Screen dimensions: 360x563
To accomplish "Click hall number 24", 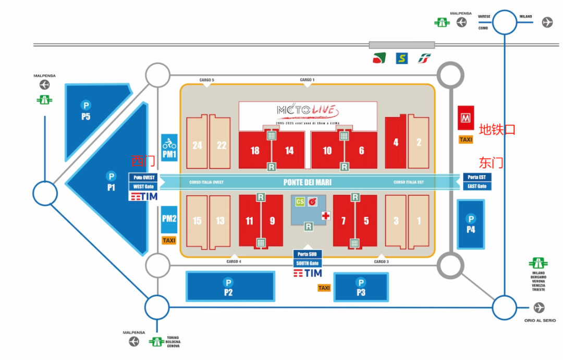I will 197,145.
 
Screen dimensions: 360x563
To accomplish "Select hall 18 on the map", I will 255,151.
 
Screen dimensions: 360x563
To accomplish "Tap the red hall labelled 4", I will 396,142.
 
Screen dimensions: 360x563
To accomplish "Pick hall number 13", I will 220,221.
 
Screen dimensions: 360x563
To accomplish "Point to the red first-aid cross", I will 326,216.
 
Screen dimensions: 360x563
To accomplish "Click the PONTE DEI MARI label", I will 308,182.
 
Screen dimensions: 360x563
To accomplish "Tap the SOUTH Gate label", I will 308,263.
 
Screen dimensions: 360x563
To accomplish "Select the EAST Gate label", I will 477,186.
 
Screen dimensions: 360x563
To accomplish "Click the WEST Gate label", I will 143,186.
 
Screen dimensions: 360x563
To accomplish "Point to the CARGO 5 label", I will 206,80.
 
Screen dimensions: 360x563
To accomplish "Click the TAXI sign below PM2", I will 169,240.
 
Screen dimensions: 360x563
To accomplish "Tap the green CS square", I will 300,202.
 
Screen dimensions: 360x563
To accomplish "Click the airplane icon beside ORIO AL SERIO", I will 539,306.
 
